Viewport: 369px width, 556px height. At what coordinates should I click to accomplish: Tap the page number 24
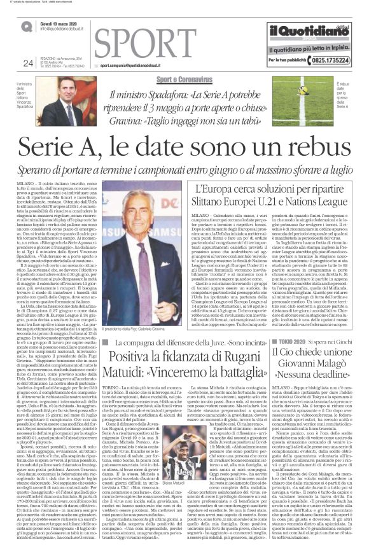point(27,62)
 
